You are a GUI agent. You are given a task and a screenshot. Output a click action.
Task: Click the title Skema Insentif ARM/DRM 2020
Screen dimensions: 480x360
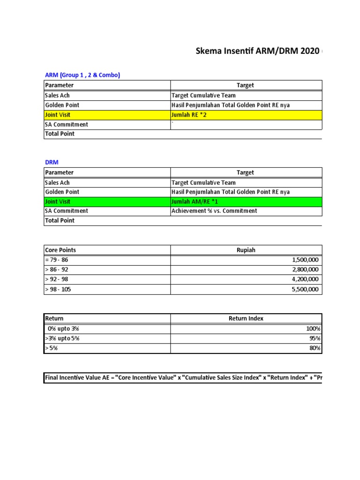(x=257, y=51)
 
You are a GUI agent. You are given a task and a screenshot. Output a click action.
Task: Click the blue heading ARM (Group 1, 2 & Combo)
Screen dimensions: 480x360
(x=82, y=75)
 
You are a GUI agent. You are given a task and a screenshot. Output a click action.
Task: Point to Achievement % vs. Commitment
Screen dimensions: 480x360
(x=214, y=211)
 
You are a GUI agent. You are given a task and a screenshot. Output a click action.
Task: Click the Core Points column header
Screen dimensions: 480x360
(x=60, y=250)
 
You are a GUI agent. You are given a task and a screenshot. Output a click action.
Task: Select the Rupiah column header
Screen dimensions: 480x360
(x=246, y=250)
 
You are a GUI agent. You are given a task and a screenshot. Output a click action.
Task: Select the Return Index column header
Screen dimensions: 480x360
(x=246, y=319)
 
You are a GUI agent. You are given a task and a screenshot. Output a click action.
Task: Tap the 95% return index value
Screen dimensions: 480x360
(x=315, y=338)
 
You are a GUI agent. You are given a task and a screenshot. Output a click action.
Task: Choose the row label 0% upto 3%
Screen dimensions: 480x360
(x=63, y=329)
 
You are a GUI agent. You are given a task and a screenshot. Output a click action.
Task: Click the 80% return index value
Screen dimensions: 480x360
(x=315, y=348)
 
